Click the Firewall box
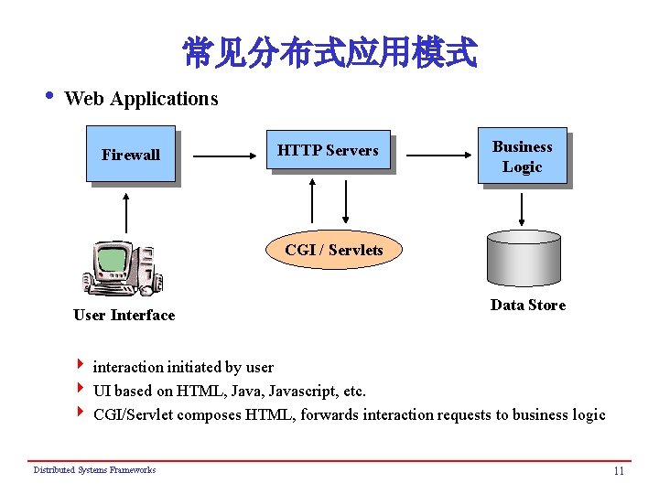tap(130, 156)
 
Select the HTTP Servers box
tap(328, 151)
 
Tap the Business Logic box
tap(523, 156)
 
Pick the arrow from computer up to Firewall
tap(126, 216)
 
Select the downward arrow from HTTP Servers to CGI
tap(346, 201)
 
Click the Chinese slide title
tap(329, 53)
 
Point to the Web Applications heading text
tap(141, 99)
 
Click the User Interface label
tap(124, 316)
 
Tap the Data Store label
tap(527, 306)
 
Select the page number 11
tap(619, 471)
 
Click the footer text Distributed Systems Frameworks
tap(94, 470)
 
